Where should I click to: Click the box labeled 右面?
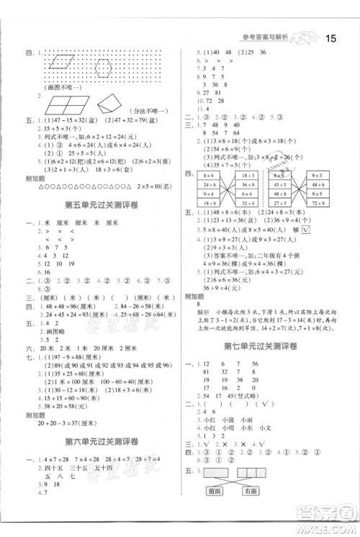click(251, 513)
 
